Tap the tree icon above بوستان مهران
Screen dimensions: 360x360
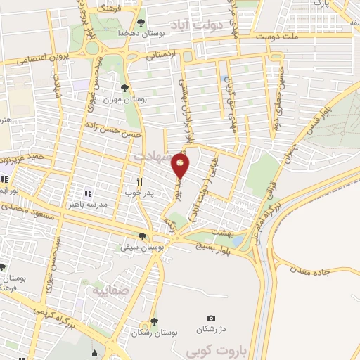click(124, 89)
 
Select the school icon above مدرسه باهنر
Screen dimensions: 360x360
click(88, 193)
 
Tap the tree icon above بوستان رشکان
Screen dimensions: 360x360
click(153, 321)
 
